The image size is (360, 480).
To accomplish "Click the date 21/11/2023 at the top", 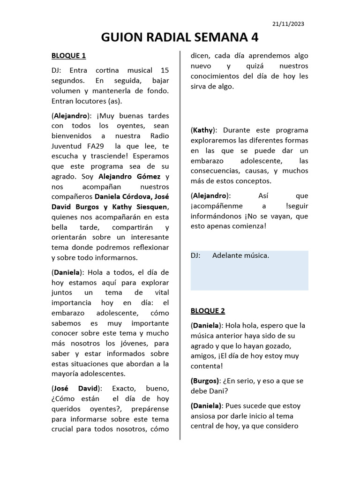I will coord(288,23).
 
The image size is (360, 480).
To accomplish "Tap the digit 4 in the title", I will coord(253,37).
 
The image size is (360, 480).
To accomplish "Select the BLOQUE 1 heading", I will coord(68,56).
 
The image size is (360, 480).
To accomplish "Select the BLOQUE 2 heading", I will coord(208,310).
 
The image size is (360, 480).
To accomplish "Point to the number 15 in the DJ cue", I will coord(165,70).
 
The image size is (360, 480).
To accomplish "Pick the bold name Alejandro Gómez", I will coord(129,176).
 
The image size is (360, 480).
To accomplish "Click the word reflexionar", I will coord(148,247).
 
